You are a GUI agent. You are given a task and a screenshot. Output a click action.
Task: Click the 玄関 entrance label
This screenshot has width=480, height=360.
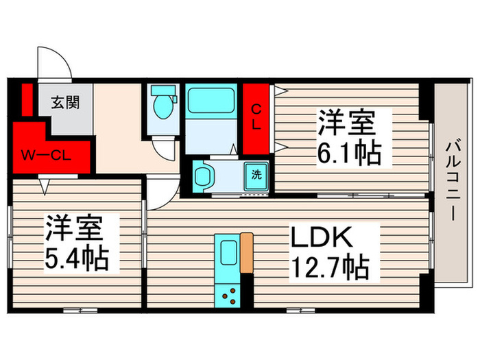click(66, 104)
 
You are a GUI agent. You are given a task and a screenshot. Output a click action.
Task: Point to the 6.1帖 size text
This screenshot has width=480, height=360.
click(348, 154)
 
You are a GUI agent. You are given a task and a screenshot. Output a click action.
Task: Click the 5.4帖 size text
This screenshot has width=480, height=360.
click(77, 260)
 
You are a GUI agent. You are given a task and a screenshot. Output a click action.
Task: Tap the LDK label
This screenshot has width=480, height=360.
click(322, 238)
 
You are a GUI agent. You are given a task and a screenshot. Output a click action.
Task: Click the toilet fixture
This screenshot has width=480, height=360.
click(163, 106)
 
